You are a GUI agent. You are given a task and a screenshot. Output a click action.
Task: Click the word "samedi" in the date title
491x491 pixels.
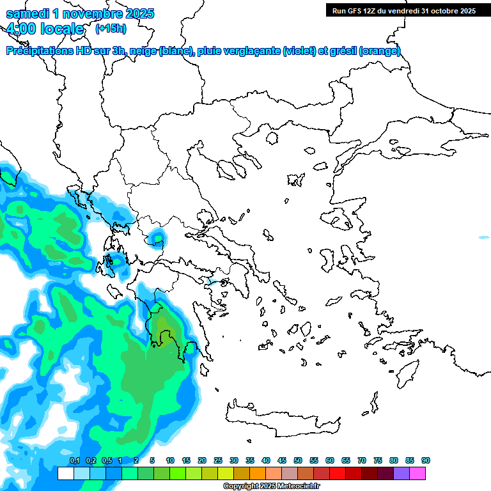pyautogui.click(x=27, y=13)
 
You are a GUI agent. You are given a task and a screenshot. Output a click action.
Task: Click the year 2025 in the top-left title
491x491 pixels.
pyautogui.click(x=136, y=13)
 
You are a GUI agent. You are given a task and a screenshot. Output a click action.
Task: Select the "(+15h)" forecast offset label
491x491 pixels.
pyautogui.click(x=111, y=28)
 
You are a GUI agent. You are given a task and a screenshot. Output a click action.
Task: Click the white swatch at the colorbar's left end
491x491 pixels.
pyautogui.click(x=65, y=474)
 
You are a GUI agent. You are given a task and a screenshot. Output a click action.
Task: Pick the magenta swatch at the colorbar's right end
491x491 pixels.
pyautogui.click(x=417, y=474)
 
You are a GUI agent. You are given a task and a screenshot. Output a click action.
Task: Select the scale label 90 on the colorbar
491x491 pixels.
pyautogui.click(x=426, y=460)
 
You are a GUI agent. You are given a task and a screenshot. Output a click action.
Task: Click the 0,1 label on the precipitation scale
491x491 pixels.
pyautogui.click(x=74, y=460)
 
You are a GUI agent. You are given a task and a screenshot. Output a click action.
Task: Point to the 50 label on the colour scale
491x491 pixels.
pyautogui.click(x=298, y=460)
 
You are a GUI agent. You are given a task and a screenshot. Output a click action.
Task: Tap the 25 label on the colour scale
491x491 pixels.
pyautogui.click(x=218, y=460)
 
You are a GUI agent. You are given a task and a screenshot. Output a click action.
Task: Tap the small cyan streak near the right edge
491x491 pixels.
pyautogui.click(x=484, y=238)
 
